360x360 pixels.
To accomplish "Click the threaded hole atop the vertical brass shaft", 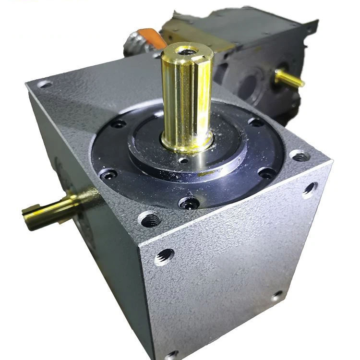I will (x=186, y=50).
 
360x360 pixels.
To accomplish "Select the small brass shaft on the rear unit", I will (x=289, y=78).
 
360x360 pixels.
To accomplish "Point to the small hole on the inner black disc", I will (x=183, y=160).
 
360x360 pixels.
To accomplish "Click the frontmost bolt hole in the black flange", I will (x=189, y=203).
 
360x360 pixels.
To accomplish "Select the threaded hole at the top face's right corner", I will (x=299, y=156).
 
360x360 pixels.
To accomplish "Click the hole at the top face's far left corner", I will (x=44, y=84).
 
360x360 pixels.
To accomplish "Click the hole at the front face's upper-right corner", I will (x=310, y=188).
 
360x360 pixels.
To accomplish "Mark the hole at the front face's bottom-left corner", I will (x=171, y=355).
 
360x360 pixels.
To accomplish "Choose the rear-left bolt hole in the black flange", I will (x=118, y=124).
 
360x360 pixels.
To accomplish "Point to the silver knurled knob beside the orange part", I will (x=135, y=45).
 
